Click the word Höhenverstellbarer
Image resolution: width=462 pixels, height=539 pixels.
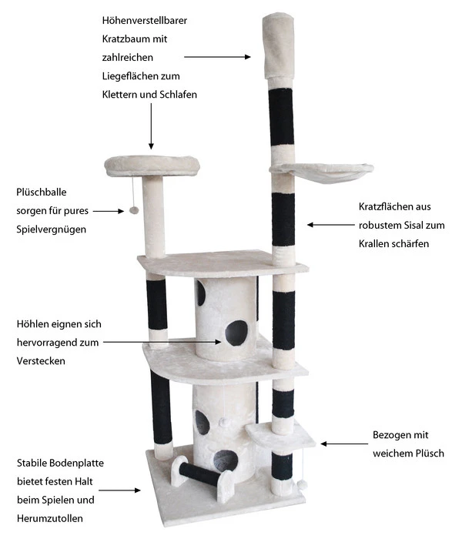point(145,21)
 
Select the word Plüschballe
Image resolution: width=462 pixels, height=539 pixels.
point(42,192)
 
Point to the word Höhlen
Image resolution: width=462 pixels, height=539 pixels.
point(32,324)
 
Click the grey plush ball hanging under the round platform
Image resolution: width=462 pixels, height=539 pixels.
point(134,209)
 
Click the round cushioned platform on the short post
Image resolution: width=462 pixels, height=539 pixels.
point(152,163)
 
